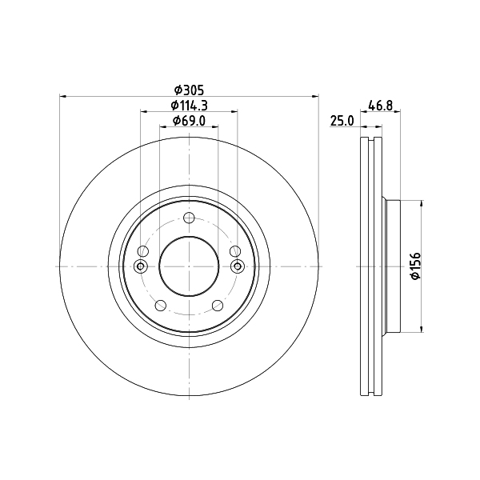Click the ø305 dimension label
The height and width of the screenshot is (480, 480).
coord(189,90)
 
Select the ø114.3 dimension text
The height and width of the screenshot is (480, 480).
coord(189,106)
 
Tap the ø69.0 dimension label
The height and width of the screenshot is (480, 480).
coord(189,121)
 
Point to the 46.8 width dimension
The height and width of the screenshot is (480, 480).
coord(381,106)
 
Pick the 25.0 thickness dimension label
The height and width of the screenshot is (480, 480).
coord(342,121)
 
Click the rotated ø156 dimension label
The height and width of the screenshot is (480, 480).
coord(415,266)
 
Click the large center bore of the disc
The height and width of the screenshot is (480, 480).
coord(189,266)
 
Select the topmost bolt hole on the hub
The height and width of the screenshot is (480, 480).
coord(189,218)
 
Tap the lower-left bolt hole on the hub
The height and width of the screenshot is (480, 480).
coord(161,306)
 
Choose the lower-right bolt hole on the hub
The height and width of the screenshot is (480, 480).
coord(218,306)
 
